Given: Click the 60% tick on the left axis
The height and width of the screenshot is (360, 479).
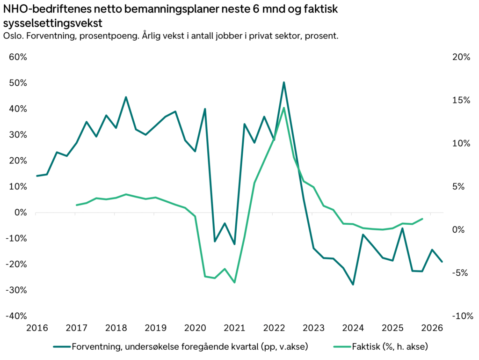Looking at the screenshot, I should pos(17,57).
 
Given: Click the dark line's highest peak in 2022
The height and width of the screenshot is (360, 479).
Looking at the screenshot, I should pos(284,82).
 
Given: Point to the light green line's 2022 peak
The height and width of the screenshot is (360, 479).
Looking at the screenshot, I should pos(284,108).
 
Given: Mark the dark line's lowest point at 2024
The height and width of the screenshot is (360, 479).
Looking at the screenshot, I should pos(353,284).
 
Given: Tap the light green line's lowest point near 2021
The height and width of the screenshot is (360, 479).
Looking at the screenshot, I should pos(234,282).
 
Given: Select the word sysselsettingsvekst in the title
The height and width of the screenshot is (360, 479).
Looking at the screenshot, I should pos(52,23).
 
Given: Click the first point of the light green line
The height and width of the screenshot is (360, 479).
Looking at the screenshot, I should pos(76,205).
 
